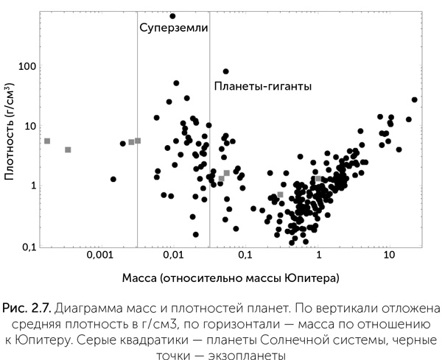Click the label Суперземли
[173, 28]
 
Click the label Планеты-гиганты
[263, 86]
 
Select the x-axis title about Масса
[230, 278]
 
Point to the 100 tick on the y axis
[27, 66]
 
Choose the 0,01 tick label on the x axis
[172, 255]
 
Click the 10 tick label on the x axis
[390, 255]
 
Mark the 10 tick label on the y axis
[29, 126]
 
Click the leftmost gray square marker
[47, 141]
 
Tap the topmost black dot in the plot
[172, 15]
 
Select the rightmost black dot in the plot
[414, 99]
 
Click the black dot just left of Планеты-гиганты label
[225, 71]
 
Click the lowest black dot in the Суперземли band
[196, 234]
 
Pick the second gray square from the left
[68, 149]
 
